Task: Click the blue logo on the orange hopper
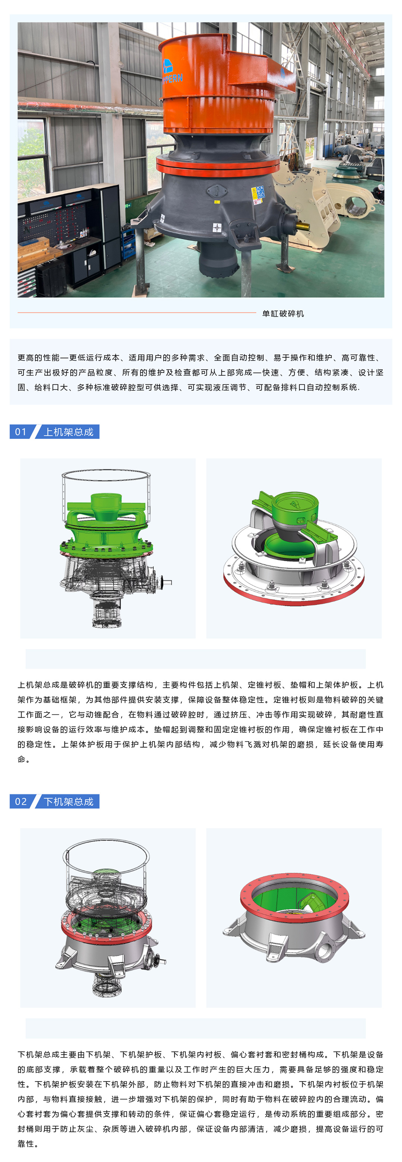167,66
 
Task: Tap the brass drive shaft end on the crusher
303,225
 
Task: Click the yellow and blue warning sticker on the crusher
258,193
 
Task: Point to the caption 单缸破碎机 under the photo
283,314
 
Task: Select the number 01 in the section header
21,432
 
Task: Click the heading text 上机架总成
68,432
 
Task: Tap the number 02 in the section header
21,801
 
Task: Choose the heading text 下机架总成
68,801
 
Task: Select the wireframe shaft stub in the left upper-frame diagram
166,582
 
